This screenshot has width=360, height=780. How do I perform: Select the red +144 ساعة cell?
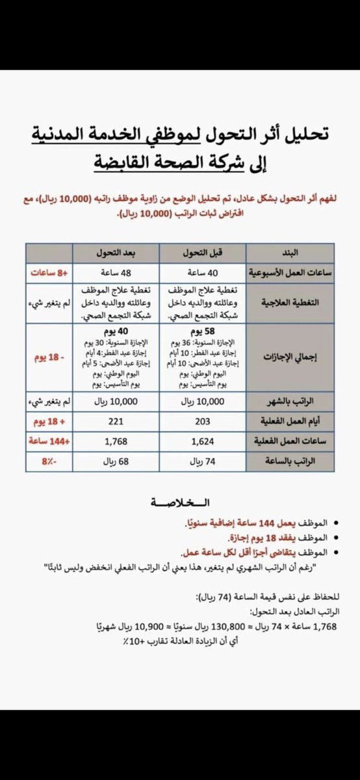(x=49, y=443)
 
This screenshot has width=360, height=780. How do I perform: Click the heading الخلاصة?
(x=180, y=504)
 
